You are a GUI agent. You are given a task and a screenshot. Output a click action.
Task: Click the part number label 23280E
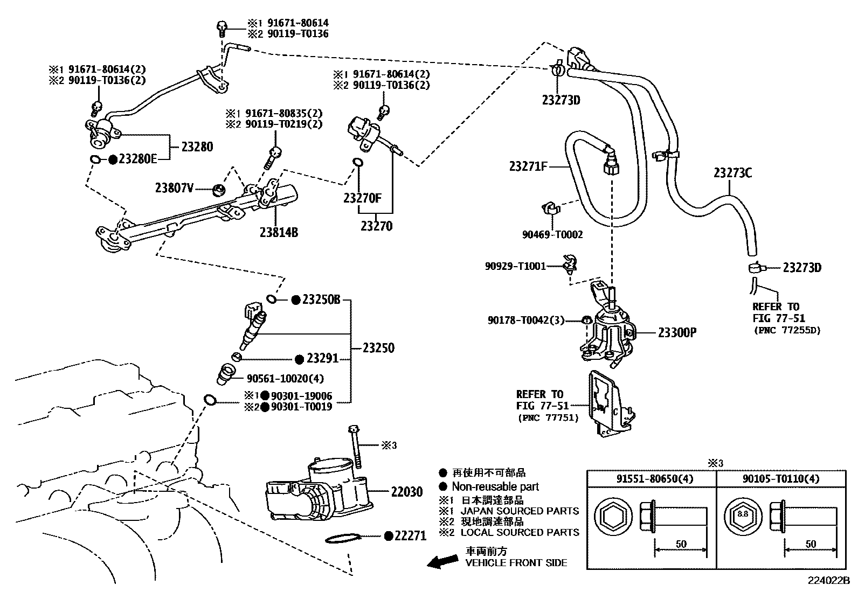tap(137, 159)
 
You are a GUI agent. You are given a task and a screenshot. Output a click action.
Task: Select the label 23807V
tap(174, 188)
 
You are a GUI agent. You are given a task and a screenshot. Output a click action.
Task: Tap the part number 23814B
tap(279, 232)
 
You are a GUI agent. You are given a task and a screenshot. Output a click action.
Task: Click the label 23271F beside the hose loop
tap(528, 166)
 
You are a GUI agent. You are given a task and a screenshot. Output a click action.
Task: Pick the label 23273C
tap(732, 173)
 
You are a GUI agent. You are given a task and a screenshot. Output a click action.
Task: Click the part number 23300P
tap(677, 332)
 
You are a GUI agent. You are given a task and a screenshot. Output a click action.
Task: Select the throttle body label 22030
tap(406, 491)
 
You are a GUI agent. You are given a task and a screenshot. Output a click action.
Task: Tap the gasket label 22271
tap(410, 535)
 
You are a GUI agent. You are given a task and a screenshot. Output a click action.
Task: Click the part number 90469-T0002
tap(552, 234)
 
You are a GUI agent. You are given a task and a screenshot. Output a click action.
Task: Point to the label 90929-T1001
tap(515, 266)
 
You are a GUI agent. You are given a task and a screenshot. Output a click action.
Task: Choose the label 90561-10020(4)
tap(285, 378)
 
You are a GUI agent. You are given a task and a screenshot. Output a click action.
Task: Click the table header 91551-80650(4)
tap(651, 478)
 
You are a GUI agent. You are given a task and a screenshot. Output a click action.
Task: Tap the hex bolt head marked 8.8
tap(743, 514)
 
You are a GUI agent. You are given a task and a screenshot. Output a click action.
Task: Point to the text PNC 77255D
tap(786, 330)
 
